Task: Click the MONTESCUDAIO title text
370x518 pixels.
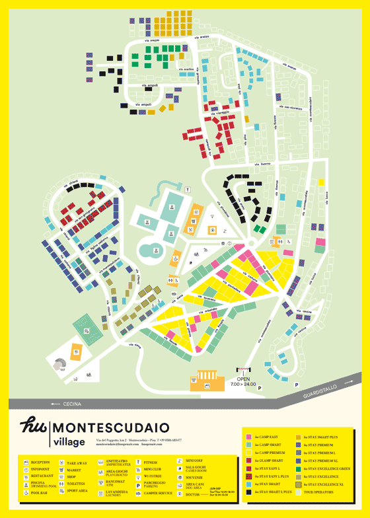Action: tap(112, 426)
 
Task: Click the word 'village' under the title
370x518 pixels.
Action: tap(69, 441)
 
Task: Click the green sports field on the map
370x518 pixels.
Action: tap(85, 326)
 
